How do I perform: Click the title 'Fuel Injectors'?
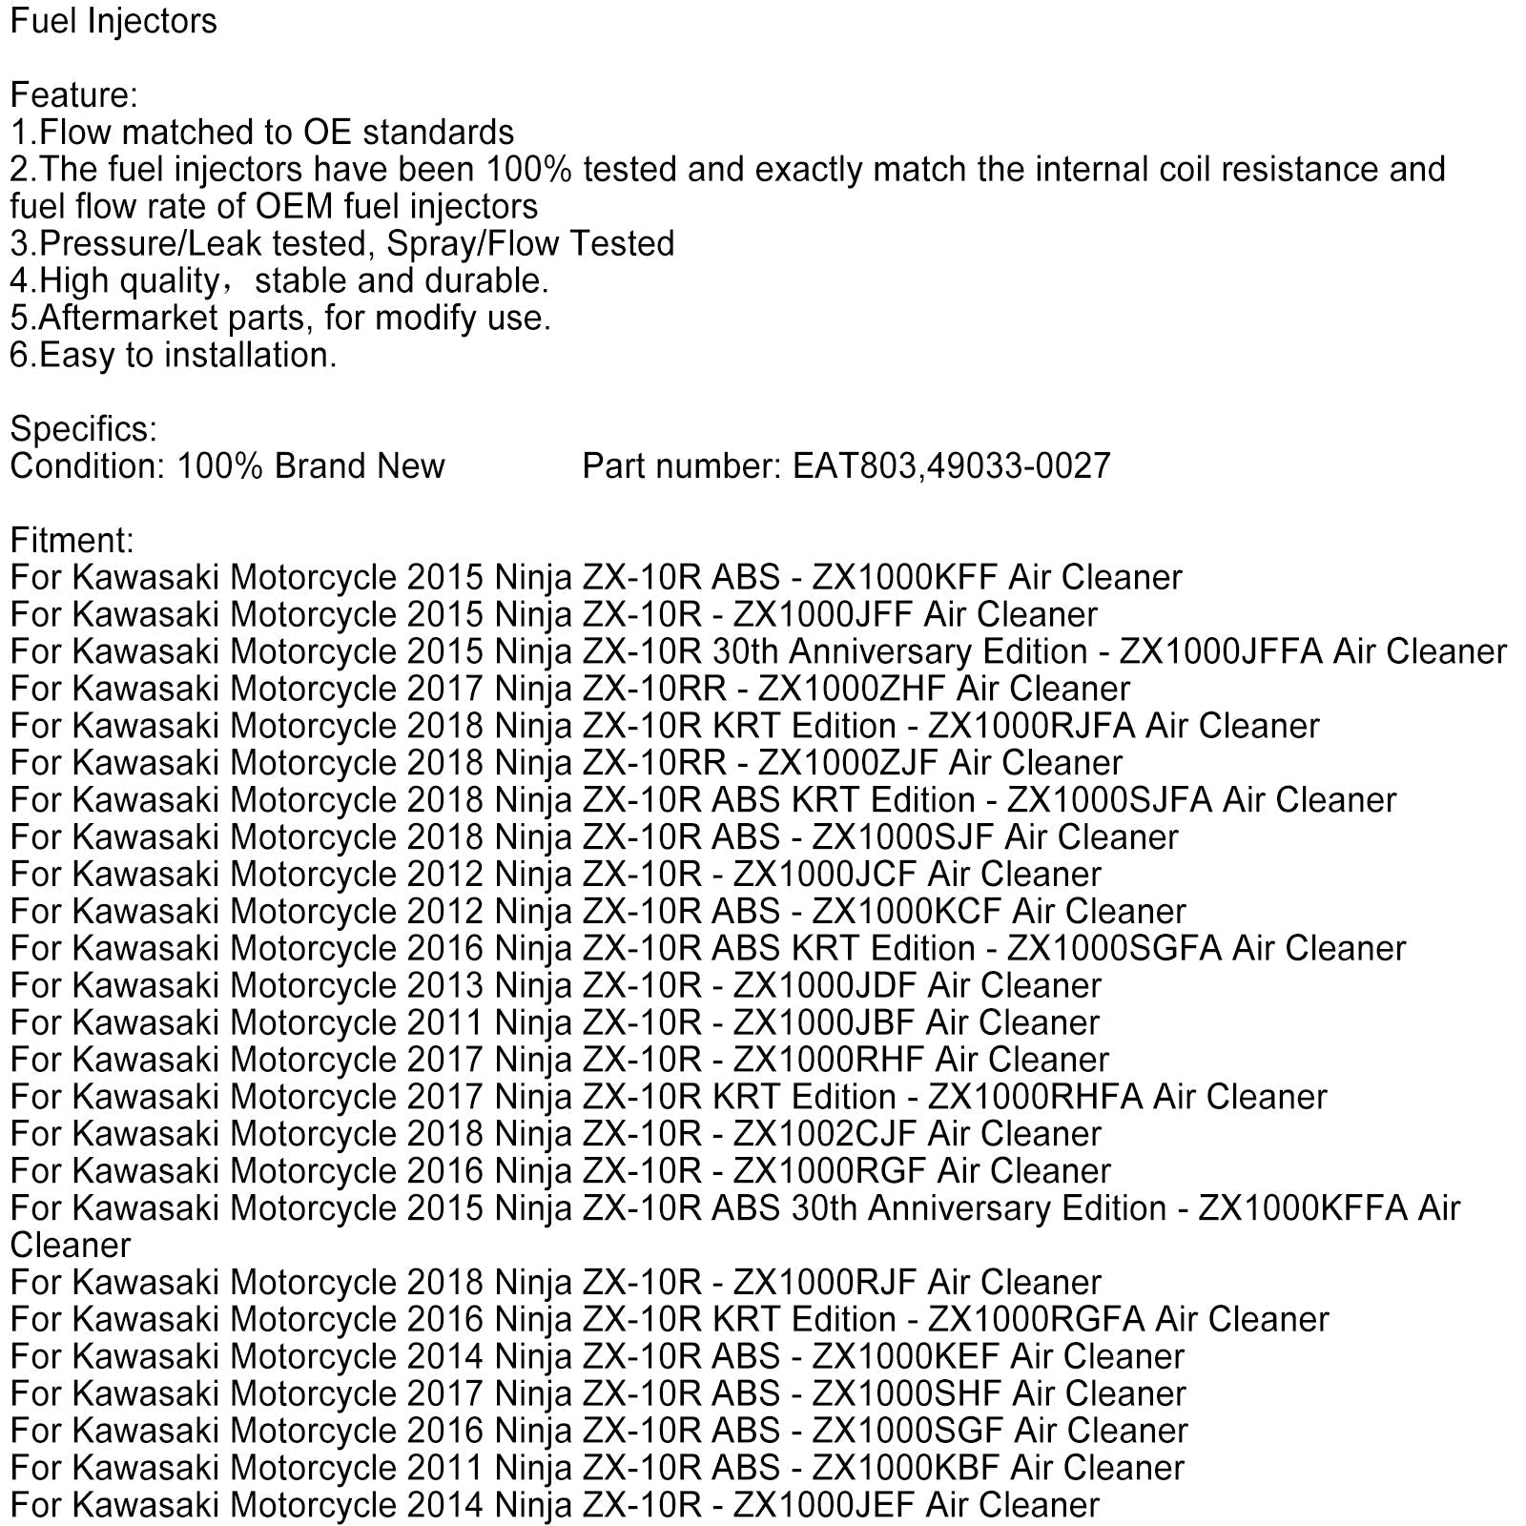[113, 21]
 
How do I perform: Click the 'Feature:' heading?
[73, 95]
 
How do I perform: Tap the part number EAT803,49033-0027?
[952, 466]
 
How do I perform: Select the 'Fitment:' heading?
[72, 541]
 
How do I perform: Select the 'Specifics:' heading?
[84, 429]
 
